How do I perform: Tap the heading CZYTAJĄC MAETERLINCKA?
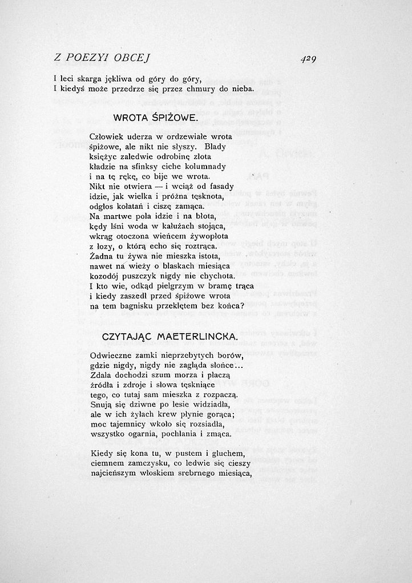tap(169, 337)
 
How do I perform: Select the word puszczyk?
tap(141, 276)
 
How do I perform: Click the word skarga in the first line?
tap(88, 79)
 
